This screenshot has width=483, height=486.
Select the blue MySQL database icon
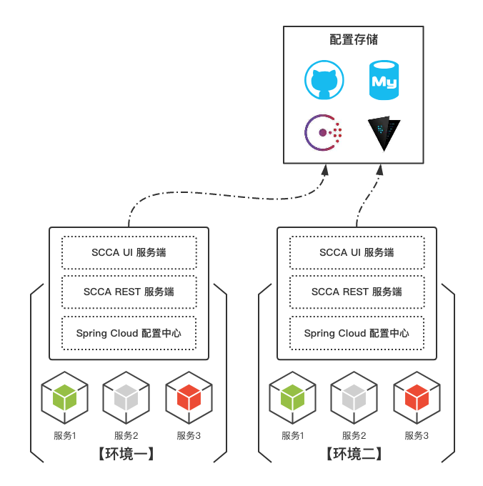coord(384,80)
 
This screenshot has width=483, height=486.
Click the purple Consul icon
coord(324,132)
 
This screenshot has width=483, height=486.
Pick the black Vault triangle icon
coord(384,133)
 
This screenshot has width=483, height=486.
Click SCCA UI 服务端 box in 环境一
coord(129,252)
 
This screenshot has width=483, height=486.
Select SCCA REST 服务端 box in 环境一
coord(129,292)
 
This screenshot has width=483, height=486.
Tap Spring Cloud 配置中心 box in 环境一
coord(129,333)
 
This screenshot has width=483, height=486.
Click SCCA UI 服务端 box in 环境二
coord(357,252)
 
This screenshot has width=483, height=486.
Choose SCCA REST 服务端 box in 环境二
coord(357,292)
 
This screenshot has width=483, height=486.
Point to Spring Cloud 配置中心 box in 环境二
coord(357,333)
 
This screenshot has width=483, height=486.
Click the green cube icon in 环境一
coord(64,397)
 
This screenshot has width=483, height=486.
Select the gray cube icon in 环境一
coord(126,397)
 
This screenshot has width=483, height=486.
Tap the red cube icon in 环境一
coord(189,397)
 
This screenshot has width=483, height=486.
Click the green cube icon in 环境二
coord(292,397)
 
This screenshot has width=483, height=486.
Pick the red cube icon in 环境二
coord(417,397)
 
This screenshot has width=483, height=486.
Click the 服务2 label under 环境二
coord(354,435)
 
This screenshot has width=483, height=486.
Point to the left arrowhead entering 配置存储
coord(324,170)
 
